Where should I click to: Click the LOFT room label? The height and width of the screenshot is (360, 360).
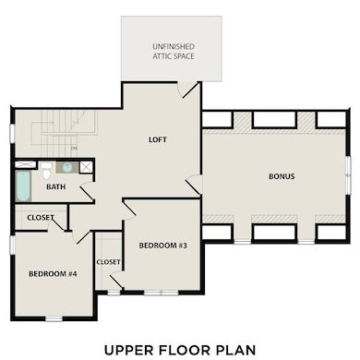158,139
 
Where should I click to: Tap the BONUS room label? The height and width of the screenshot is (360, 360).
282,176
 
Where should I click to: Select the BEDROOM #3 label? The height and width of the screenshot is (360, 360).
162,246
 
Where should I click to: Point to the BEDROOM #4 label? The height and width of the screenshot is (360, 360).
53,274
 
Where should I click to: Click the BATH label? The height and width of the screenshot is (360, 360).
55,186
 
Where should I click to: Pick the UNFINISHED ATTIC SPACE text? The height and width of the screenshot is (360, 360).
174,52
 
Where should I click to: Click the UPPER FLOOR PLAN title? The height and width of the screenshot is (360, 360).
180,350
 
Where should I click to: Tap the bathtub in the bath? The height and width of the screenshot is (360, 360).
23,186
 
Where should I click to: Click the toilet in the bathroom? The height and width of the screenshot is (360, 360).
46,171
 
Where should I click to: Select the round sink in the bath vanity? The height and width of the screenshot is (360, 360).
67,167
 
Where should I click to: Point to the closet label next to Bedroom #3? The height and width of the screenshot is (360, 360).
108,262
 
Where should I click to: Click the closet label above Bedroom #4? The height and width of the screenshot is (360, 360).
41,218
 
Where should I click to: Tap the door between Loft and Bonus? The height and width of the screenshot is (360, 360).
194,185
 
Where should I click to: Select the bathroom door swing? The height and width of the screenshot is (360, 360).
88,191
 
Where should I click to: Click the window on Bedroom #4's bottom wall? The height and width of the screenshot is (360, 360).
54,319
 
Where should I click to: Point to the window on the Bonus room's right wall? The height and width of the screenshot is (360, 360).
348,175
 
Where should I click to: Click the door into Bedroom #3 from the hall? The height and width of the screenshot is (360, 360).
129,210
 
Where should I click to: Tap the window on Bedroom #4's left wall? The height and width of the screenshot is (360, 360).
12,246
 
